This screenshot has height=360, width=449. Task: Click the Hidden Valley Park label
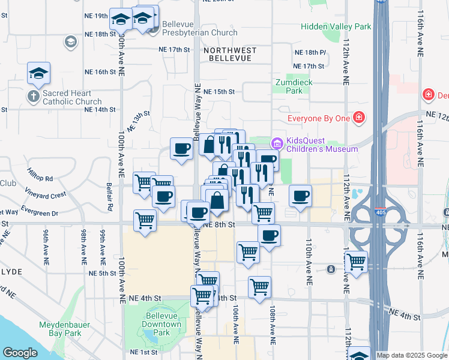click(336, 27)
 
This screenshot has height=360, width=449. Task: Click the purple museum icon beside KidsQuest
click(277, 143)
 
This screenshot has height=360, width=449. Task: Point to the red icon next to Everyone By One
click(359, 118)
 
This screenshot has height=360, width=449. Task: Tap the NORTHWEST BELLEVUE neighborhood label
click(230, 55)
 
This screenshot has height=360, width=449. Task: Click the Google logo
click(20, 353)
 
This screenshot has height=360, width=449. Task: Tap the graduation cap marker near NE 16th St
click(39, 74)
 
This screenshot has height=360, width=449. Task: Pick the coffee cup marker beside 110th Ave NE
click(300, 195)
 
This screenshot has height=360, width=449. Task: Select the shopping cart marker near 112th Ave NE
click(356, 262)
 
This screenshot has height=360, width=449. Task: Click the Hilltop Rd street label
click(40, 179)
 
